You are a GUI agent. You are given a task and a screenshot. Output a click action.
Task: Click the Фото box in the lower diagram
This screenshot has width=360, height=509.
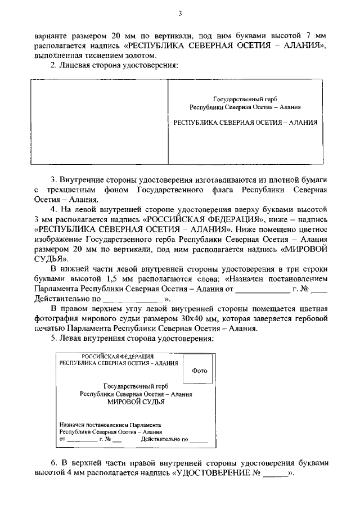[199, 371]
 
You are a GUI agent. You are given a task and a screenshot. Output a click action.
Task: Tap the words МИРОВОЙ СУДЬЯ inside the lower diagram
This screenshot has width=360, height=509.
[136, 402]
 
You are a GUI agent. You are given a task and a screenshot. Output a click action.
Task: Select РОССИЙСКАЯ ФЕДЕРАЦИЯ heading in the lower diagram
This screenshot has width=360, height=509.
[118, 357]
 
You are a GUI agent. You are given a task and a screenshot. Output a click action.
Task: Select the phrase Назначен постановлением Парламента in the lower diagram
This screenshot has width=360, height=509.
[110, 424]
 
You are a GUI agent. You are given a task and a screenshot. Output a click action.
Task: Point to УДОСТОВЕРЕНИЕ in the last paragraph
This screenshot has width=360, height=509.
[217, 473]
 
